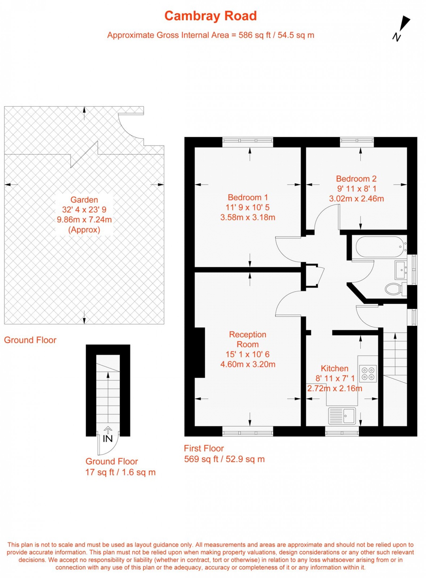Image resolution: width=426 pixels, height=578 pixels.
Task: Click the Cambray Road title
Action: [210, 16]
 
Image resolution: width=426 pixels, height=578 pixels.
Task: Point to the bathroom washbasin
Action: [401, 270]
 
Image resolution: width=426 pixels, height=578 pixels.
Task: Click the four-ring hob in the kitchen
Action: [368, 374]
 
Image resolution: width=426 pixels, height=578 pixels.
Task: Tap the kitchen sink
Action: [342, 416]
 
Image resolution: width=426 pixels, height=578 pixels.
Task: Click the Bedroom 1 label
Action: [248, 197]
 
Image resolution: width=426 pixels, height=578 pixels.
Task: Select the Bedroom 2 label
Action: [356, 179]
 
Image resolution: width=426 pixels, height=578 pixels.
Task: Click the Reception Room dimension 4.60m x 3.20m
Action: [248, 365]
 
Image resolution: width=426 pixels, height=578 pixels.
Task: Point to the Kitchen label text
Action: [334, 369]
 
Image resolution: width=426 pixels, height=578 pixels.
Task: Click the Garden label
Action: [84, 200]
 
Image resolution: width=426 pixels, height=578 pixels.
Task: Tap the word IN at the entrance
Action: [108, 439]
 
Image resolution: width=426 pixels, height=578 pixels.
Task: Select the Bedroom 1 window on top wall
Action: [248, 140]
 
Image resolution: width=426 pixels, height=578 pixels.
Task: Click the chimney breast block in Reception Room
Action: [200, 353]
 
